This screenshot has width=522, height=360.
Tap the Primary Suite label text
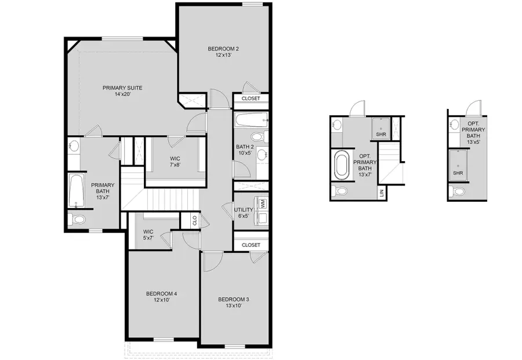122,91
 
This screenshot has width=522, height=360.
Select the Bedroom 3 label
233,303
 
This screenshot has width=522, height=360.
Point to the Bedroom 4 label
161,297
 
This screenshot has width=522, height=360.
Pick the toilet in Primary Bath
77,219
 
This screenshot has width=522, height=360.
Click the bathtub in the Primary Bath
76,190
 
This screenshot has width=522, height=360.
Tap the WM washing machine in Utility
263,204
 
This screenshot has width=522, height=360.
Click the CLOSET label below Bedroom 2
251,99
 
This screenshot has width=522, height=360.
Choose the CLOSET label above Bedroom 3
251,245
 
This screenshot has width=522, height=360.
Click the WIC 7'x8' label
174,161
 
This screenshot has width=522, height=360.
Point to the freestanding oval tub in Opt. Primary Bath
341,165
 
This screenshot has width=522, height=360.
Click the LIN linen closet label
381,193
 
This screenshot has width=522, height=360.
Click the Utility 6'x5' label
244,213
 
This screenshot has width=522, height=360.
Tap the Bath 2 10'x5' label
244,150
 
